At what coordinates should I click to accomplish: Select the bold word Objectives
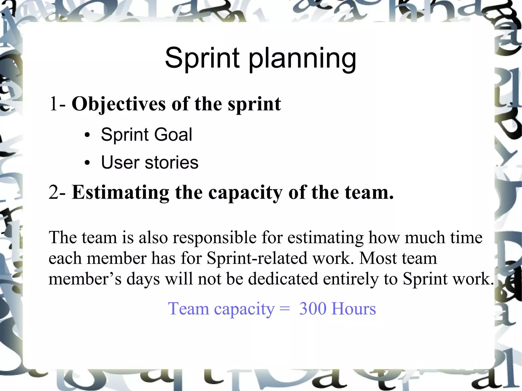tap(119, 105)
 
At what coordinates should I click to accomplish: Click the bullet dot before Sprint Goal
tap(87, 135)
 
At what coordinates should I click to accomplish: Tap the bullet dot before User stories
tap(87, 163)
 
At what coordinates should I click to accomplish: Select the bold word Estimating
tap(120, 193)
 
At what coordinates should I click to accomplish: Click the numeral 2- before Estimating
tap(58, 192)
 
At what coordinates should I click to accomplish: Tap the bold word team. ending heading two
tap(369, 192)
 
